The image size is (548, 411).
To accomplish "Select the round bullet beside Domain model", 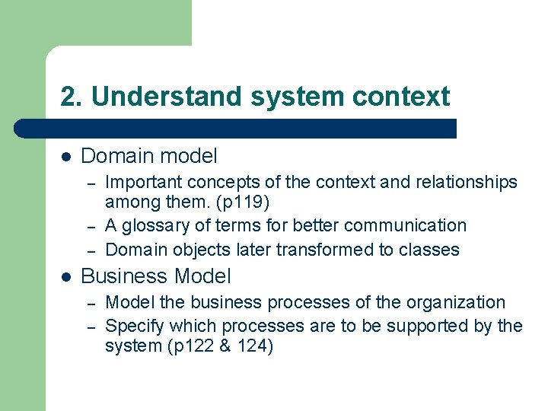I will (66, 157).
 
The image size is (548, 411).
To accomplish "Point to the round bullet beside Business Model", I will (66, 276).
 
